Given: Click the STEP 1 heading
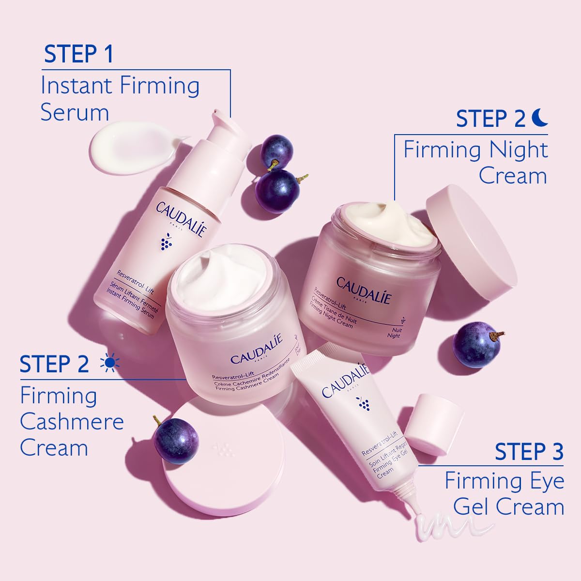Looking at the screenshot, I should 78,54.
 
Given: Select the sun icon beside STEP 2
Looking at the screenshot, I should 109,364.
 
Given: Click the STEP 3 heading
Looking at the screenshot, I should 529,451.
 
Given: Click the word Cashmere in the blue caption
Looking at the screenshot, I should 72,422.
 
